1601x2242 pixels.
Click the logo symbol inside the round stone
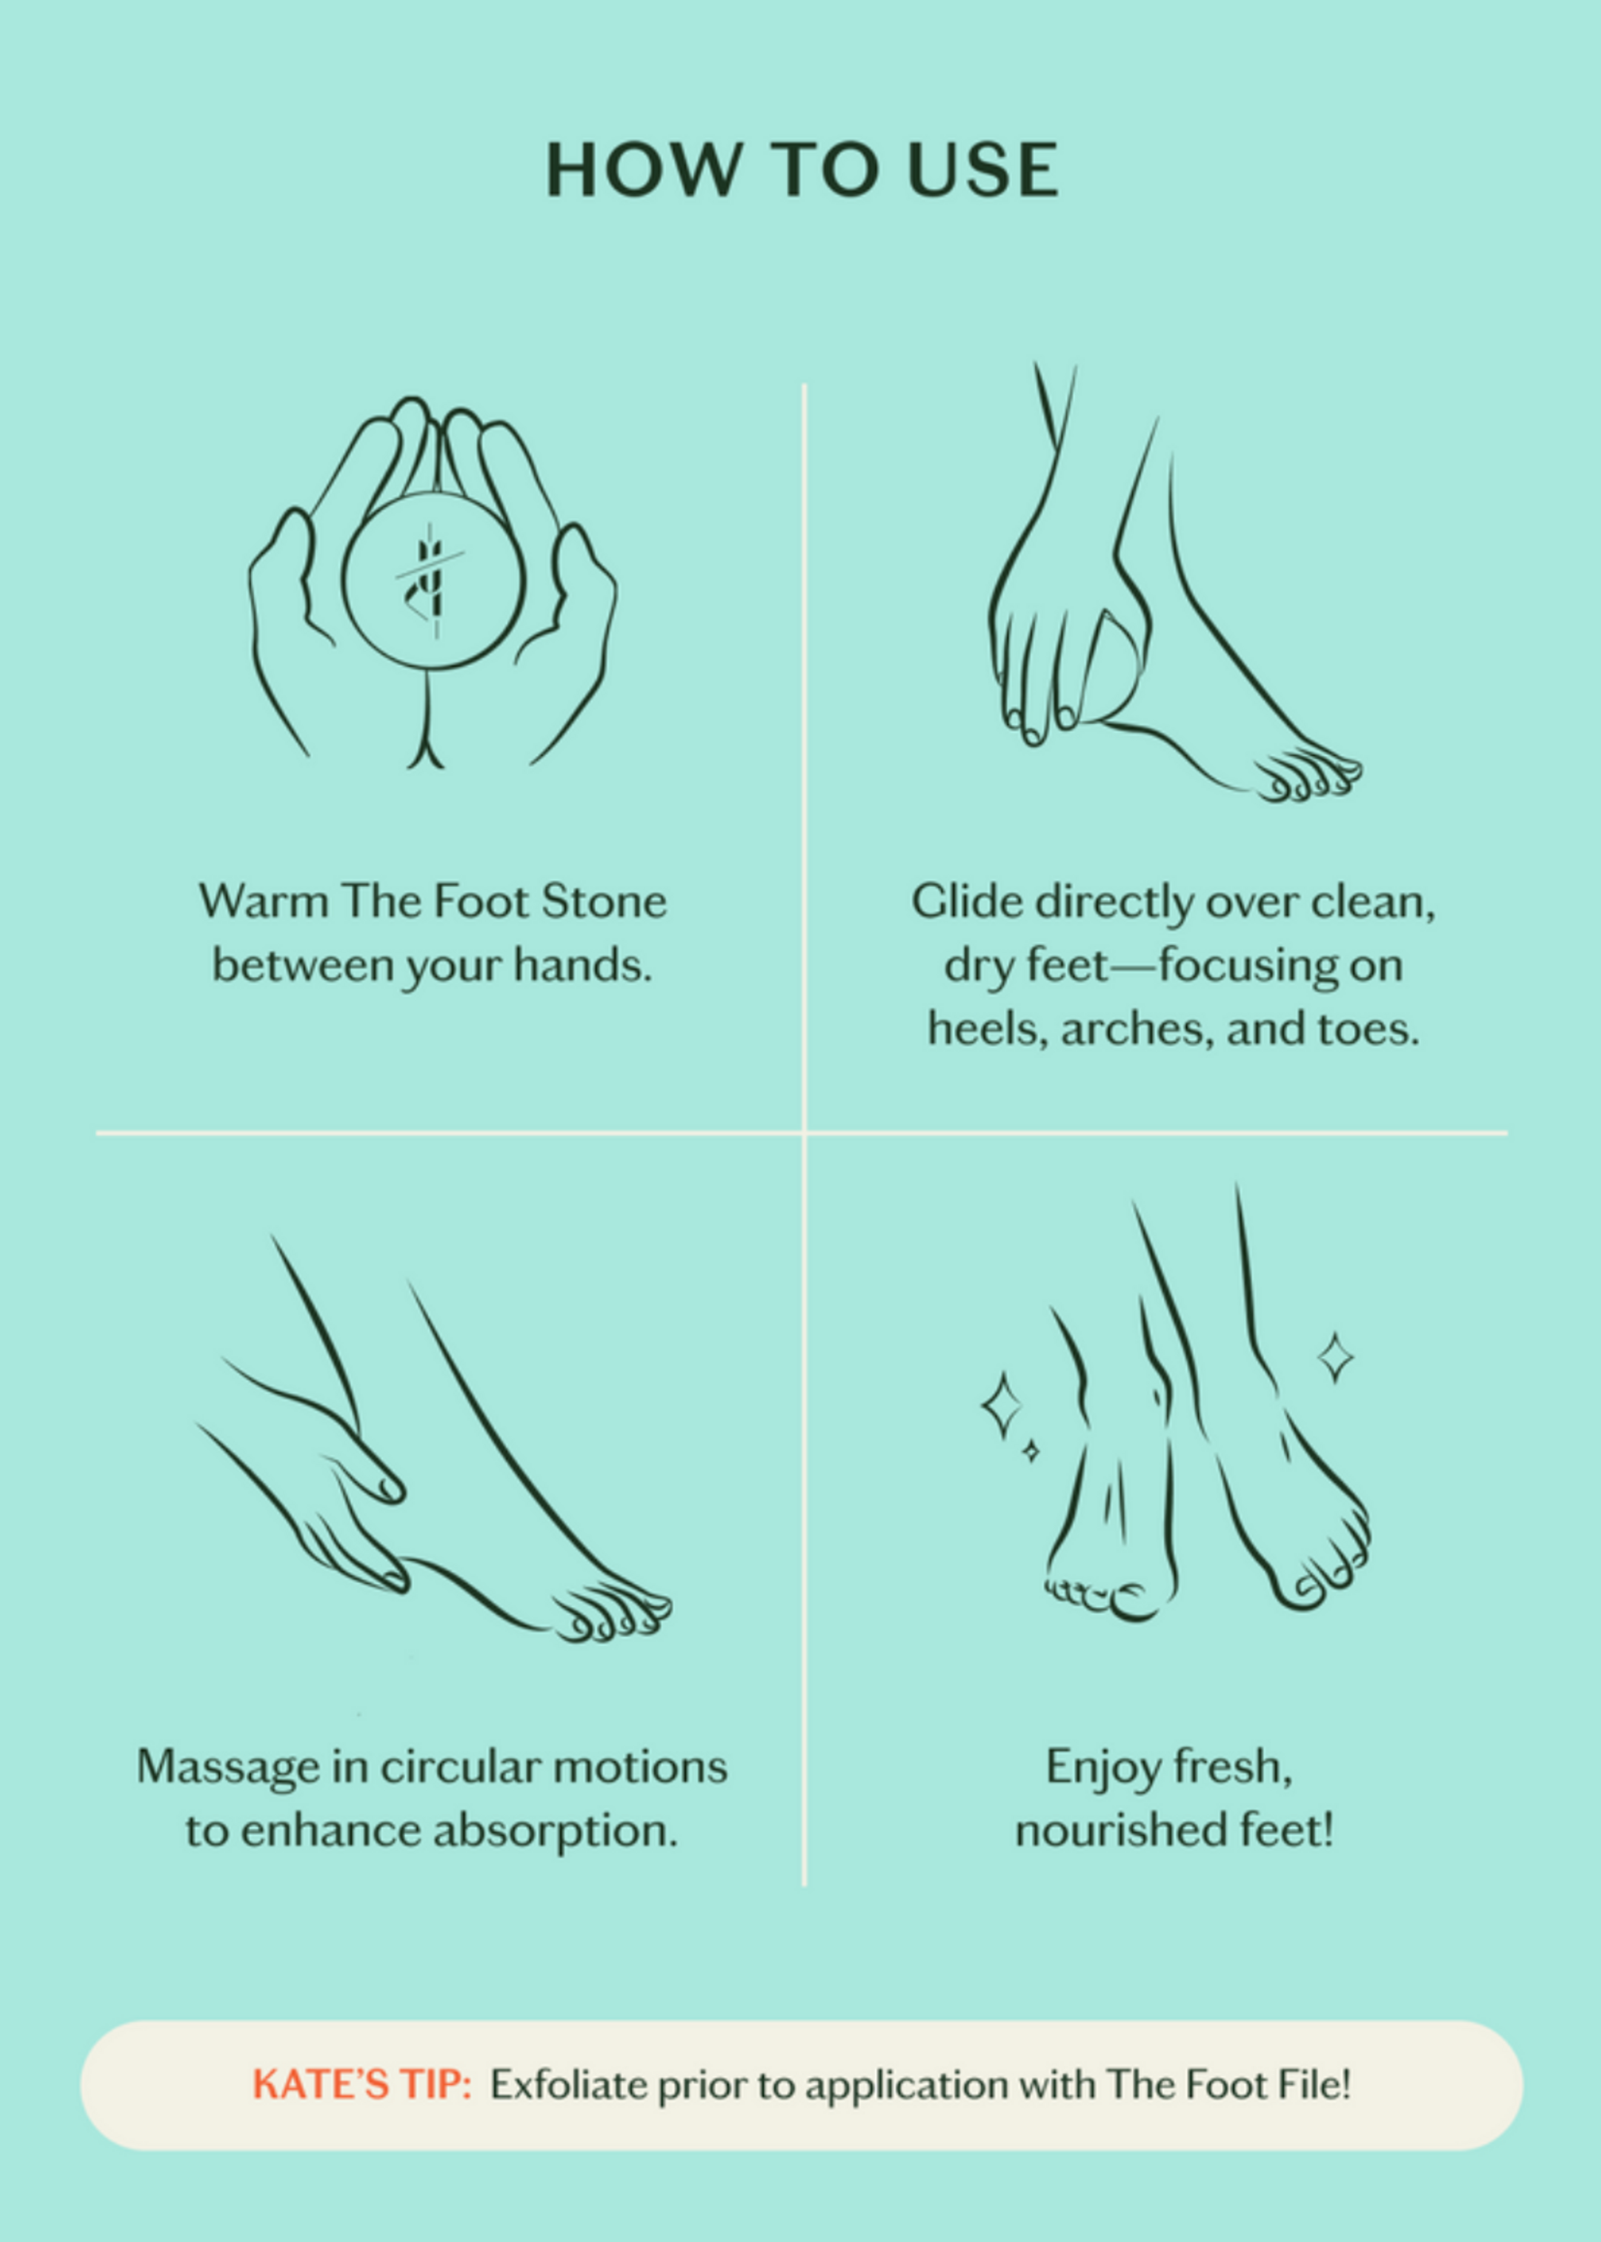431,579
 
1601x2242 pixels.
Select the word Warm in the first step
263,901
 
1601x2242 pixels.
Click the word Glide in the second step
966,901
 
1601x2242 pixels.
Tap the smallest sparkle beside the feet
1030,1451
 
